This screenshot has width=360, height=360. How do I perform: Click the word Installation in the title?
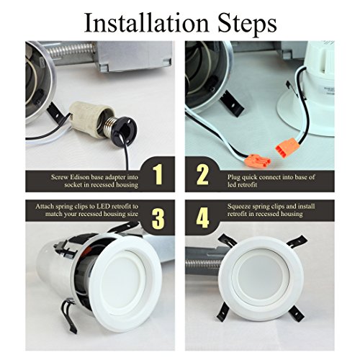tap(147, 23)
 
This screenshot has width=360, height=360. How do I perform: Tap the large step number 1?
tap(158, 174)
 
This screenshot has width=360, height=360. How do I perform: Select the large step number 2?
tap(202, 174)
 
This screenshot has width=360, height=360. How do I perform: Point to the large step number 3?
tap(158, 218)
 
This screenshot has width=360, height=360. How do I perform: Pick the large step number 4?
tap(202, 218)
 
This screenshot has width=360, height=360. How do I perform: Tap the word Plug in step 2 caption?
tap(234, 177)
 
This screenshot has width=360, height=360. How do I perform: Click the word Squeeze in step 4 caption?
tap(240, 207)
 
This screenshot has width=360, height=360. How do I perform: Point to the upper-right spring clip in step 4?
tap(297, 241)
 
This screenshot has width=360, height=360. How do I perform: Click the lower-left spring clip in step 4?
tap(225, 312)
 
